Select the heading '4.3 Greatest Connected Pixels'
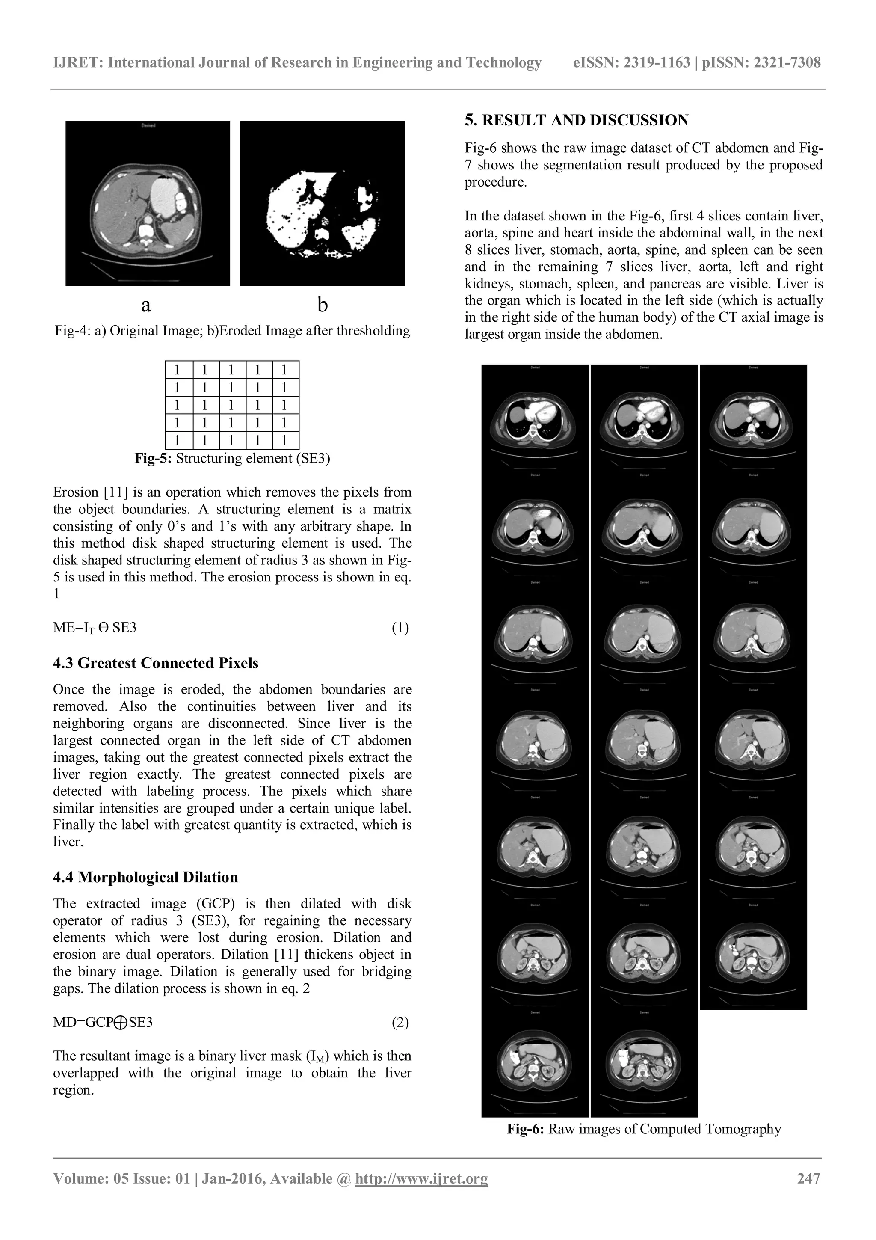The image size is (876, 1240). click(155, 663)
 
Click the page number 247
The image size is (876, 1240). click(808, 1178)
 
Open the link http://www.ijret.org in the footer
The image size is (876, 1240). click(420, 1178)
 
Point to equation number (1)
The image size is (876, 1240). click(400, 628)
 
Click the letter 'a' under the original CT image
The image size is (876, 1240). click(146, 305)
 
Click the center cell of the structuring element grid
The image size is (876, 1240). click(231, 405)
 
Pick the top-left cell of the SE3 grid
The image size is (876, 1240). click(178, 370)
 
